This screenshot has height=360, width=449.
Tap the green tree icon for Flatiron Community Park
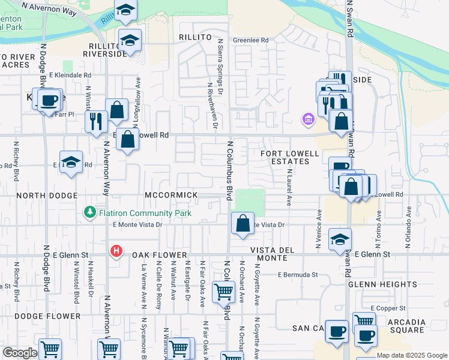pyautogui.click(x=89, y=212)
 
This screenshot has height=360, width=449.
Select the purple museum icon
pyautogui.click(x=309, y=119)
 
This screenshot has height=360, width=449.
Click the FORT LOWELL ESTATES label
pyautogui.click(x=289, y=157)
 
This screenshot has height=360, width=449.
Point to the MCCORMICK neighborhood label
pyautogui.click(x=171, y=196)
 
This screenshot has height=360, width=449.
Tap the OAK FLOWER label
pyautogui.click(x=157, y=254)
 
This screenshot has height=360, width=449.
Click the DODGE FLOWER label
pyautogui.click(x=47, y=316)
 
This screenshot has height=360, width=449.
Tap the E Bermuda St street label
pyautogui.click(x=298, y=275)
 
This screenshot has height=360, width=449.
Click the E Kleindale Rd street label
pyautogui.click(x=70, y=75)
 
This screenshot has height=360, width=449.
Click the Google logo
pyautogui.click(x=19, y=353)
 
